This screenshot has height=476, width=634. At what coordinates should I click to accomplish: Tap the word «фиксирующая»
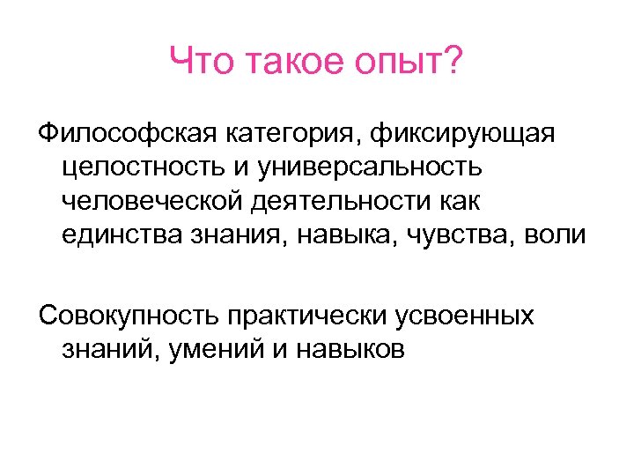(463, 135)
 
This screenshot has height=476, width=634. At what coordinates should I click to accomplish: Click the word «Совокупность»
(128, 316)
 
